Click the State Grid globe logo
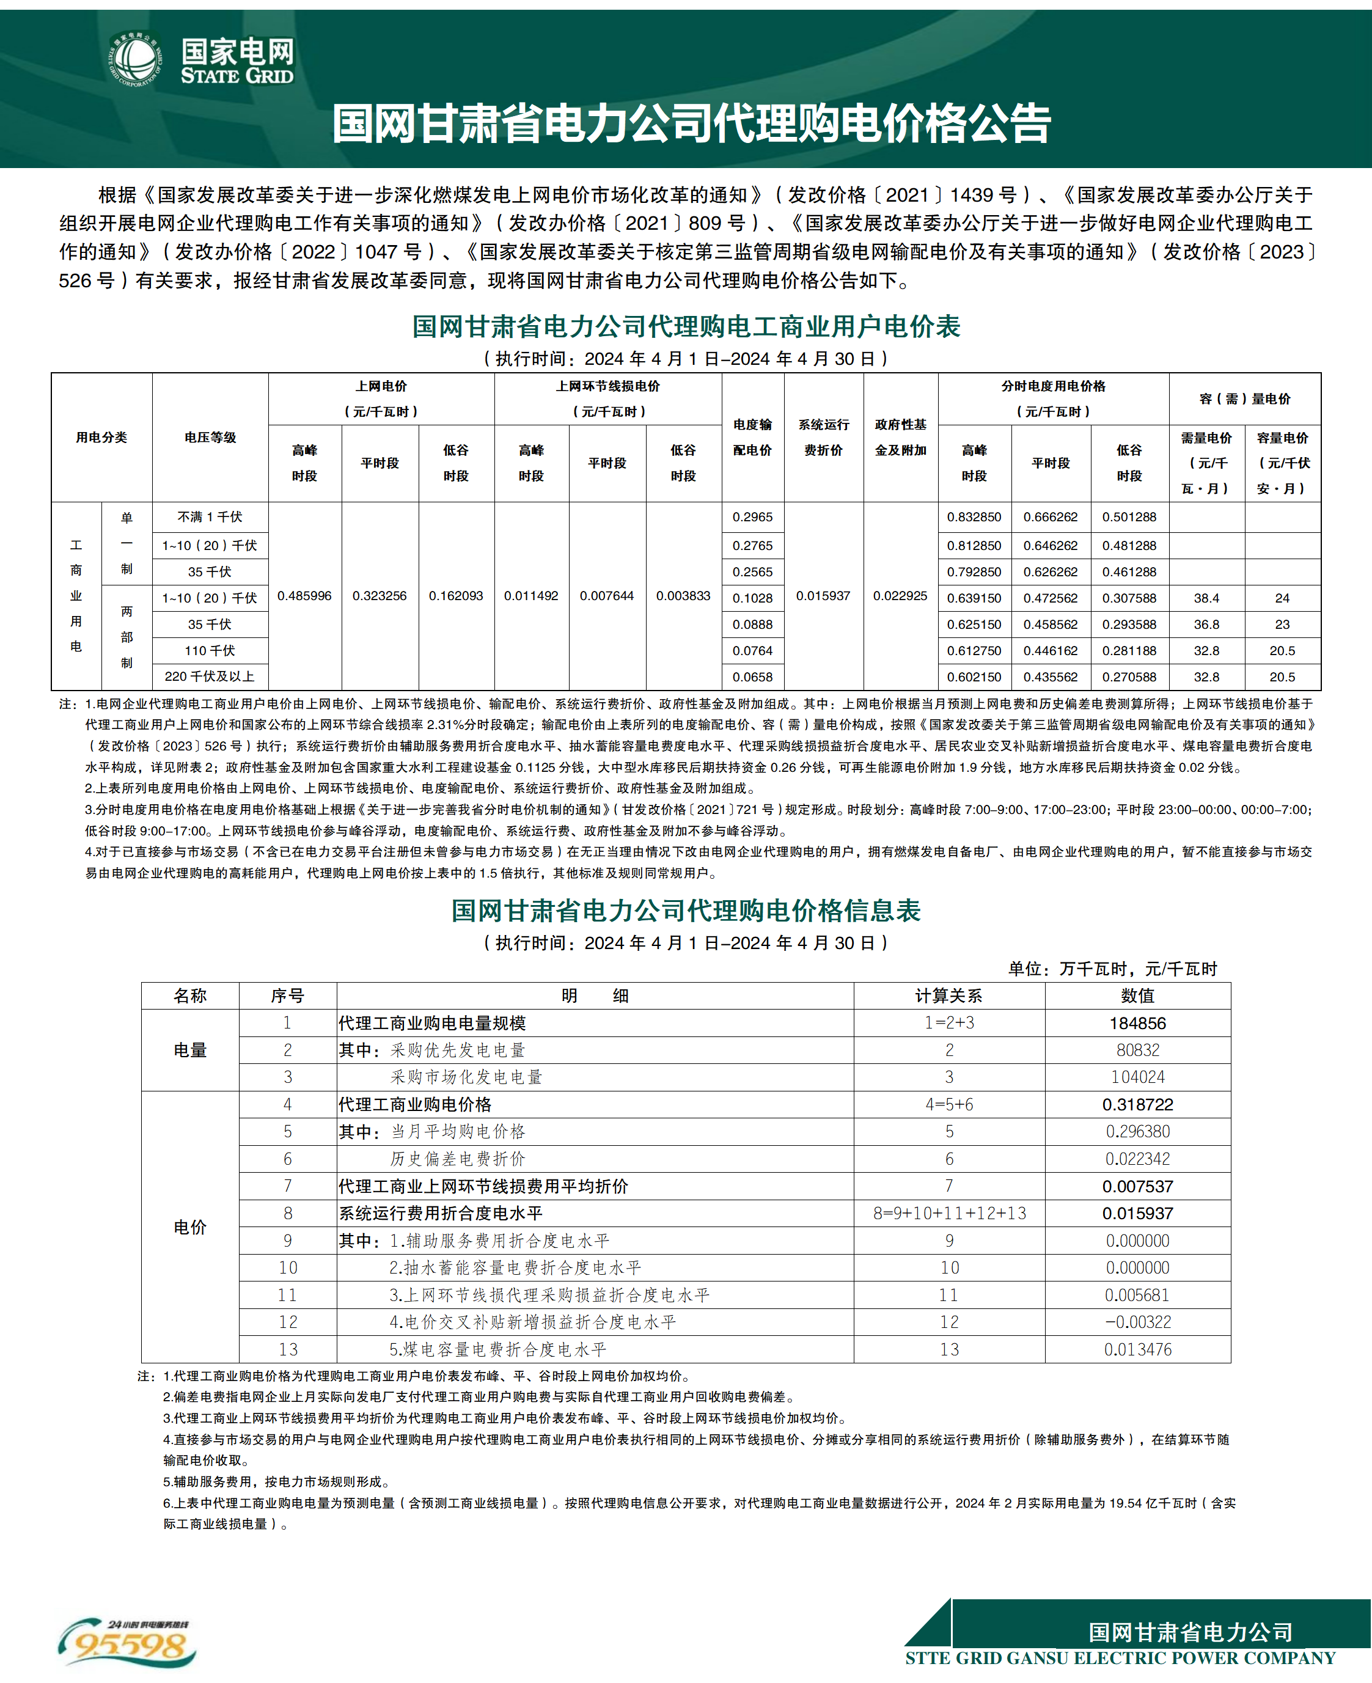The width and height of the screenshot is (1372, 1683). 135,59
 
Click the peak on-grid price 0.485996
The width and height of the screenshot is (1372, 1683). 304,596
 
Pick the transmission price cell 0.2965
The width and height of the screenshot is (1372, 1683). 752,517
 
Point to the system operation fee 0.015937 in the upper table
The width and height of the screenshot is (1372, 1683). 823,596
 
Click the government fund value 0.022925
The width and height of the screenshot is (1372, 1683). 900,596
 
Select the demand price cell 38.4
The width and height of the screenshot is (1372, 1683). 1206,598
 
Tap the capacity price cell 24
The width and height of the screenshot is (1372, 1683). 1282,598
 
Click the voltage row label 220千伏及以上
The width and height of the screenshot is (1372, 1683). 210,676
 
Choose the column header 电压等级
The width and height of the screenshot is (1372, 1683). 210,437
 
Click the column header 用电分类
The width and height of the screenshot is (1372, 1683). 101,437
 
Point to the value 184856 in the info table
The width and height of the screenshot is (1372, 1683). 1137,1023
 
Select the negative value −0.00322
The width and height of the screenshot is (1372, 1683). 1137,1322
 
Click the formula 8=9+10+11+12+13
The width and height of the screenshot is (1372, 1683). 949,1213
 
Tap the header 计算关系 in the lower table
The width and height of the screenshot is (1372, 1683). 948,996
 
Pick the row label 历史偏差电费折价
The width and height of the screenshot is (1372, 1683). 458,1159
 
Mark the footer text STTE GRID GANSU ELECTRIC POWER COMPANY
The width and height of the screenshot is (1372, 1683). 1120,1658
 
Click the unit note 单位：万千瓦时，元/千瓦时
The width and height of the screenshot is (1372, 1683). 1112,969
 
